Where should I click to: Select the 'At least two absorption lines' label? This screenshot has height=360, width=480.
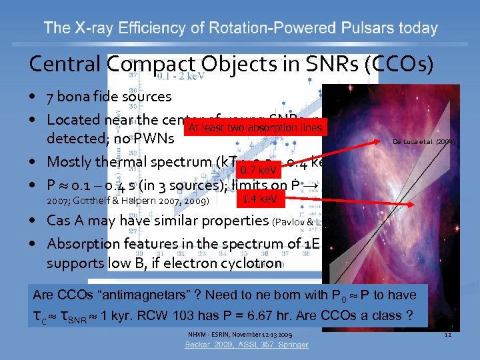[255, 128]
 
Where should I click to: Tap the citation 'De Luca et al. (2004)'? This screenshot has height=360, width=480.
[423, 141]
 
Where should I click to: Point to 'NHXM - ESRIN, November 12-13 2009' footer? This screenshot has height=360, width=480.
[239, 333]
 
